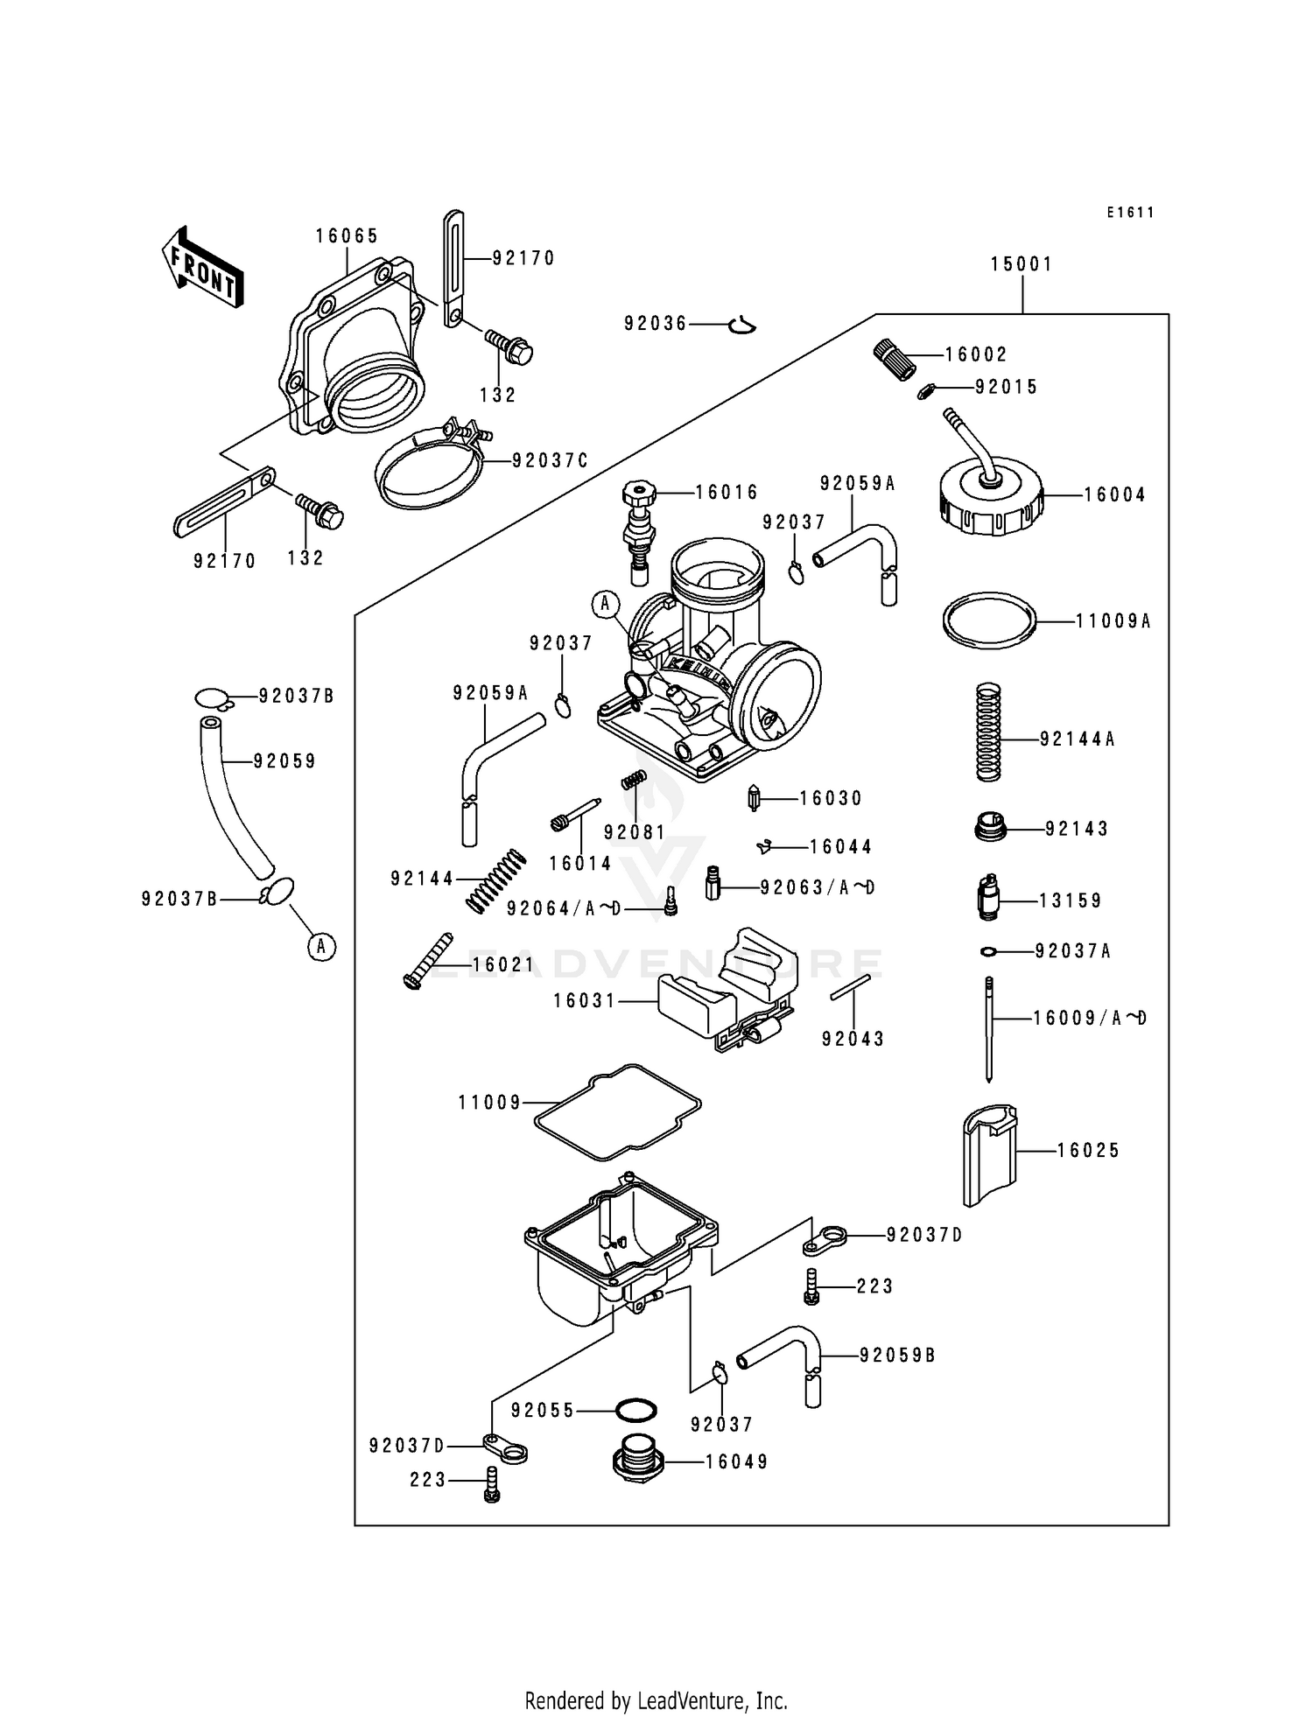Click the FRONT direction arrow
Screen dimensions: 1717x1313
[x=202, y=266]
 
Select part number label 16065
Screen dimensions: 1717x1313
[x=347, y=236]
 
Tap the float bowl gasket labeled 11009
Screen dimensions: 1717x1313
[x=618, y=1112]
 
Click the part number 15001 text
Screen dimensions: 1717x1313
[x=1022, y=264]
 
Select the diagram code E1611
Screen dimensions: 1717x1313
[x=1129, y=213]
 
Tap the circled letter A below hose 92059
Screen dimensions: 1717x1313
[x=321, y=946]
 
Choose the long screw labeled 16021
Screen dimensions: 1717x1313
[x=427, y=962]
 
